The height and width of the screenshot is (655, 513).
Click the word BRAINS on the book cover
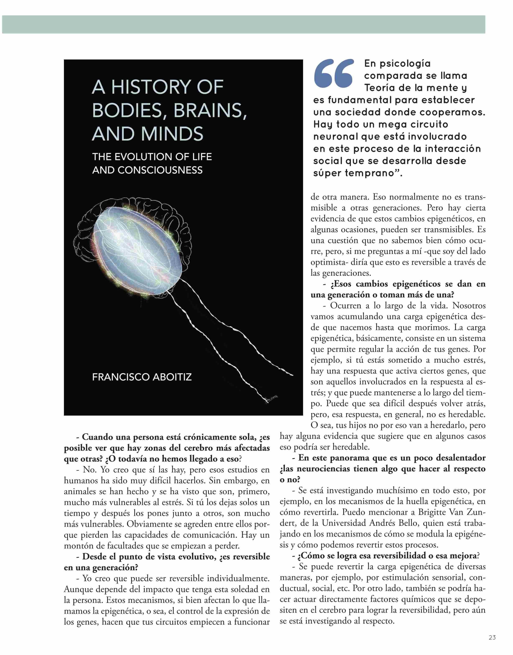(208, 111)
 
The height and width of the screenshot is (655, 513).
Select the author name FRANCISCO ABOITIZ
(142, 377)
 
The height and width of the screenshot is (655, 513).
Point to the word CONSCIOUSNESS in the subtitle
(160, 170)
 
